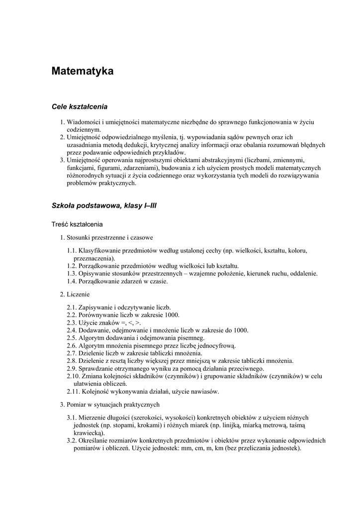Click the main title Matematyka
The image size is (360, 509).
point(83,71)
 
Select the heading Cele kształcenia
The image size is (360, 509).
point(80,106)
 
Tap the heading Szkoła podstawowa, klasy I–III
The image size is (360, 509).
point(104,205)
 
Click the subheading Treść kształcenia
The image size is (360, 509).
point(77,224)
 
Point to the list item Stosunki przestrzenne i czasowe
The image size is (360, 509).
point(109,237)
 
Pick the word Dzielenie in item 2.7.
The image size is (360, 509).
point(91,353)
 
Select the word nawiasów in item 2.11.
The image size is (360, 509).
point(204,391)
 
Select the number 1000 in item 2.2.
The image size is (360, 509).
point(172,315)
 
